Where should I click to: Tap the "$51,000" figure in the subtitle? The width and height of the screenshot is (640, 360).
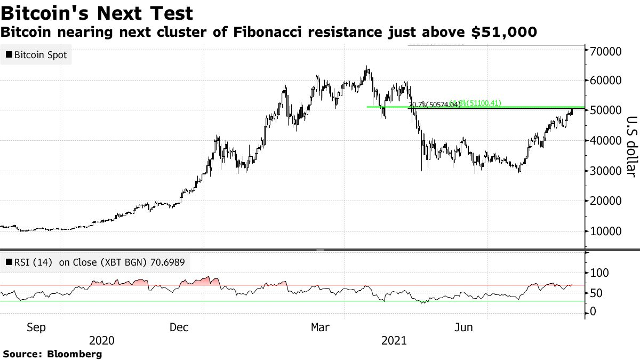(x=504, y=33)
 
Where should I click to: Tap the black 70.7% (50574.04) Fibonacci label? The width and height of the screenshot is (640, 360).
(x=435, y=105)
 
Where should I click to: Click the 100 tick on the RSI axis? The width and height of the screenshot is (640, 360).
(x=598, y=273)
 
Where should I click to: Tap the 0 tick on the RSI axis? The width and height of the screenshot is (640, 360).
(x=591, y=312)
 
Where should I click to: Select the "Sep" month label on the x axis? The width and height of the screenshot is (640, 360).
(x=36, y=327)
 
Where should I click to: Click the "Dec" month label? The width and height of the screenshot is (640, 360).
(x=179, y=327)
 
